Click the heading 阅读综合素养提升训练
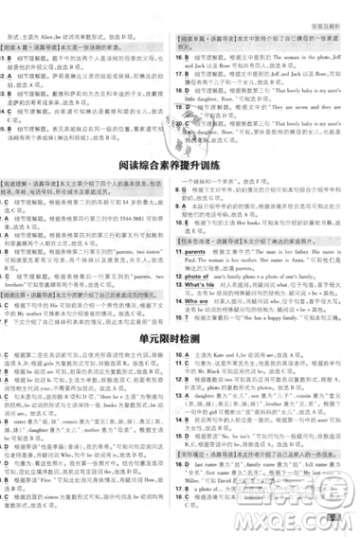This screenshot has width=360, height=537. (180, 169)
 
